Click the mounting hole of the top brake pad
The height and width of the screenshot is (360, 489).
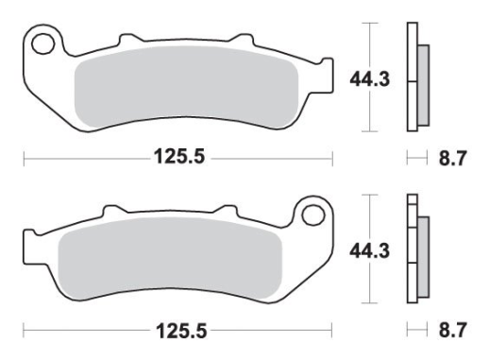pyautogui.click(x=42, y=43)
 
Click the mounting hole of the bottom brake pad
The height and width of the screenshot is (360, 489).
pyautogui.click(x=312, y=214)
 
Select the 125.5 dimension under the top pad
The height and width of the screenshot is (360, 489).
pyautogui.click(x=179, y=157)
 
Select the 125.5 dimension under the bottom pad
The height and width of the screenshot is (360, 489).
pyautogui.click(x=181, y=331)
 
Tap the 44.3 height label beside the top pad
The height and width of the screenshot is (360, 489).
pyautogui.click(x=370, y=78)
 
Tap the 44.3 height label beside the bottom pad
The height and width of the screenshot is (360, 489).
pyautogui.click(x=370, y=251)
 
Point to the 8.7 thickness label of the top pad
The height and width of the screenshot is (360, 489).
pyautogui.click(x=452, y=158)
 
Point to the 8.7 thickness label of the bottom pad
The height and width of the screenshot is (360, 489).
pyautogui.click(x=452, y=330)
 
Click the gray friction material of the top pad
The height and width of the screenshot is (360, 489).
pyautogui.click(x=186, y=86)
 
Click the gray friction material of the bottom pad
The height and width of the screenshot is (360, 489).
pyautogui.click(x=171, y=258)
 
